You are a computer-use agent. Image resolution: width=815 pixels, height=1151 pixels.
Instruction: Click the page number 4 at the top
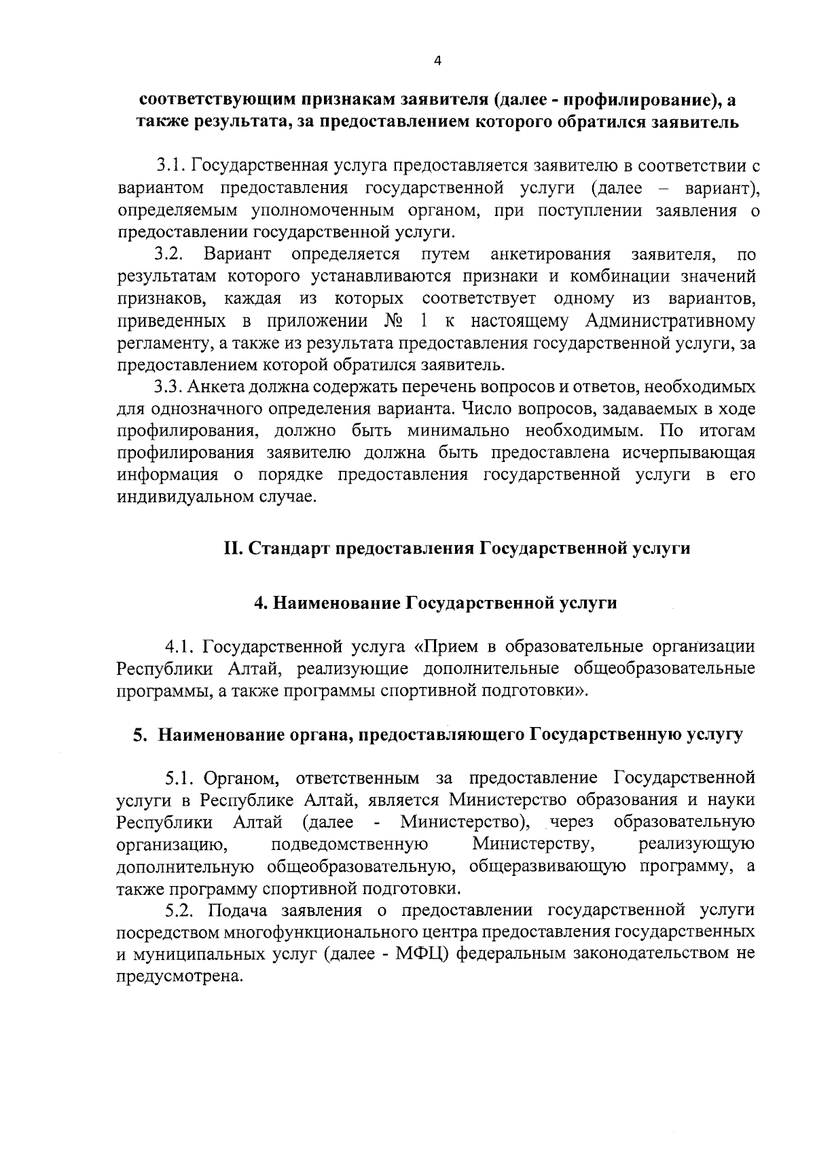[437, 61]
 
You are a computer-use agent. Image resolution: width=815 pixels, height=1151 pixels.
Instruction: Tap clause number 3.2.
[169, 255]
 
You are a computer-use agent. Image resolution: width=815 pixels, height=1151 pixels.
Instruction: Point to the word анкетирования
[550, 255]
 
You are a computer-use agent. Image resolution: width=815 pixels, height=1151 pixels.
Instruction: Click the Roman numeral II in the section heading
[233, 548]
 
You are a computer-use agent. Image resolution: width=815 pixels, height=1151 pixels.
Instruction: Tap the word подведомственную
[349, 845]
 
